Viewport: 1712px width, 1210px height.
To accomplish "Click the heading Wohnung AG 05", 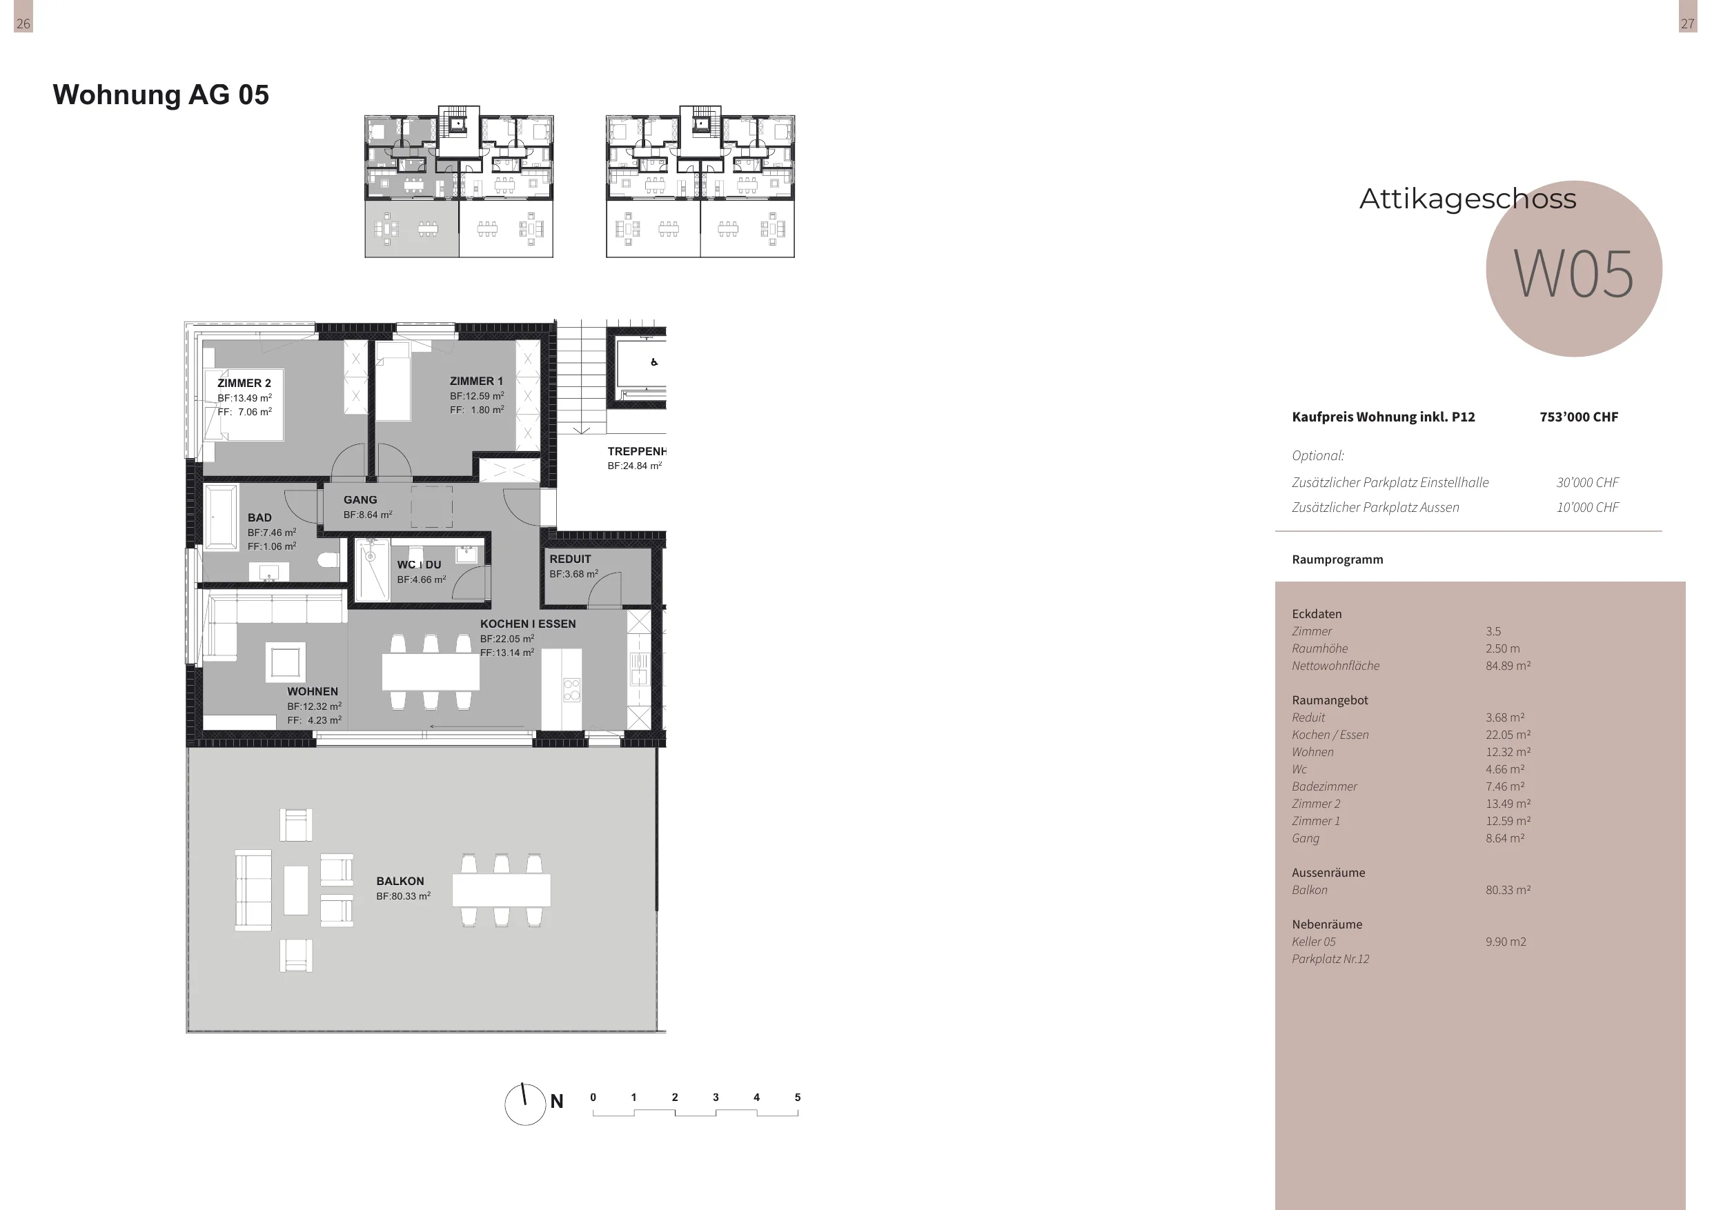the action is (x=160, y=95).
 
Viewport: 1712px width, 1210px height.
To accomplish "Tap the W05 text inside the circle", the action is (x=1573, y=274).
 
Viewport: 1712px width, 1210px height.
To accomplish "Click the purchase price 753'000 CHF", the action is (x=1579, y=417).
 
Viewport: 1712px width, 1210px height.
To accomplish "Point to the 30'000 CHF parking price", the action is (x=1588, y=482).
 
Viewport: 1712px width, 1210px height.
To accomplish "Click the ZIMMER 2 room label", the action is (x=244, y=383).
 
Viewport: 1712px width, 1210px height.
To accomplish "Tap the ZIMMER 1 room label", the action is (x=475, y=381).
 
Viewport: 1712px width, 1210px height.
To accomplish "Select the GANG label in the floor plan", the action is (x=360, y=499).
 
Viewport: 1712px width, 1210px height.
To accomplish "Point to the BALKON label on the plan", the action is (x=400, y=881).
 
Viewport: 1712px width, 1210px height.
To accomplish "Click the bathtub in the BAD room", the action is (x=221, y=517).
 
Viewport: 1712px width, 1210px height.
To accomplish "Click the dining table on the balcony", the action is (x=501, y=890).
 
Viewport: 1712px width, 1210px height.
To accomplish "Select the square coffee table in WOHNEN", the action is (x=286, y=662).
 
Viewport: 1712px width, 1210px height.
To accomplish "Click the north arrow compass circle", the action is (x=525, y=1104).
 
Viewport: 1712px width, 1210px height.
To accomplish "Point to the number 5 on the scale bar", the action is (x=797, y=1098).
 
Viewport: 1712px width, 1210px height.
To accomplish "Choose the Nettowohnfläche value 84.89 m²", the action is (x=1508, y=666).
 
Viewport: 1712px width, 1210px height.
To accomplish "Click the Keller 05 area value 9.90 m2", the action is (x=1506, y=942).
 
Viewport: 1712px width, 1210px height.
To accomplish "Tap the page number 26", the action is (x=23, y=24).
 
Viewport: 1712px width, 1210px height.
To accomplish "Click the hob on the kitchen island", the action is (x=571, y=690).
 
